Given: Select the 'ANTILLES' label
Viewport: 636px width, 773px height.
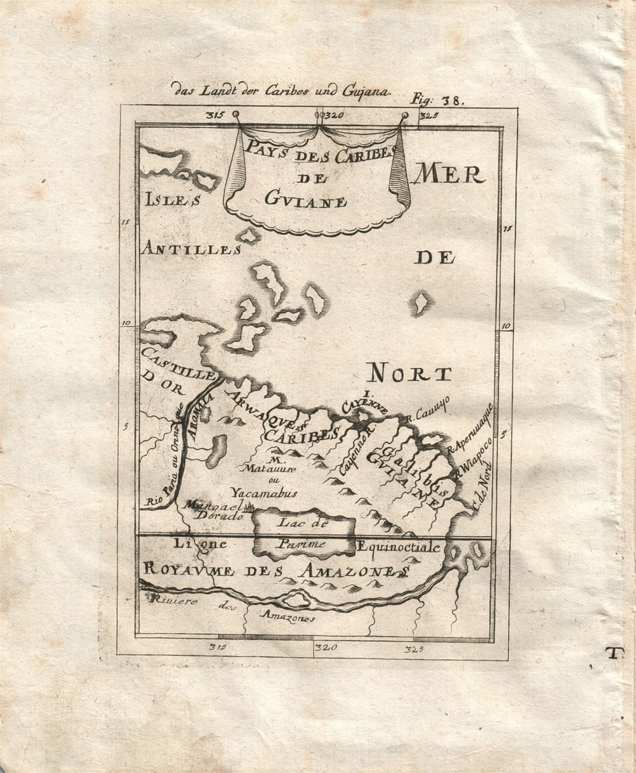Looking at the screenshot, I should click(191, 249).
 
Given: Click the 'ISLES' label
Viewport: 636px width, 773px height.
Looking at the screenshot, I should click(173, 200).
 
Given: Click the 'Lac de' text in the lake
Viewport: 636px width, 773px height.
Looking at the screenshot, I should click(303, 521).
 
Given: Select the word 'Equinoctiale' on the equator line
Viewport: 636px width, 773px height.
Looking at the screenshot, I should click(398, 547).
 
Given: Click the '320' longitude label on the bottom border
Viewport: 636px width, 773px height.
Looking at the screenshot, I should click(326, 647).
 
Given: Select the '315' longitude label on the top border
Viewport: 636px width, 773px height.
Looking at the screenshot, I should click(213, 115).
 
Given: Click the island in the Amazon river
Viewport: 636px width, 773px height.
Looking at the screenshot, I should click(296, 599).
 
